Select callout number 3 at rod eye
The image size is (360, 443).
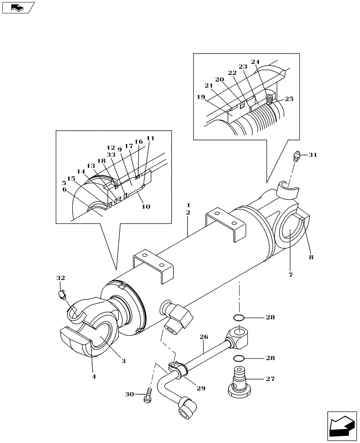(124, 361)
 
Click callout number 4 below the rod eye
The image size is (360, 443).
(94, 377)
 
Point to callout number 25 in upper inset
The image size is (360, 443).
(289, 99)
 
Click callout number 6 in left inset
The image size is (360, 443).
(65, 189)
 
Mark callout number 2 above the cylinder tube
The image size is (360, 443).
(188, 213)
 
